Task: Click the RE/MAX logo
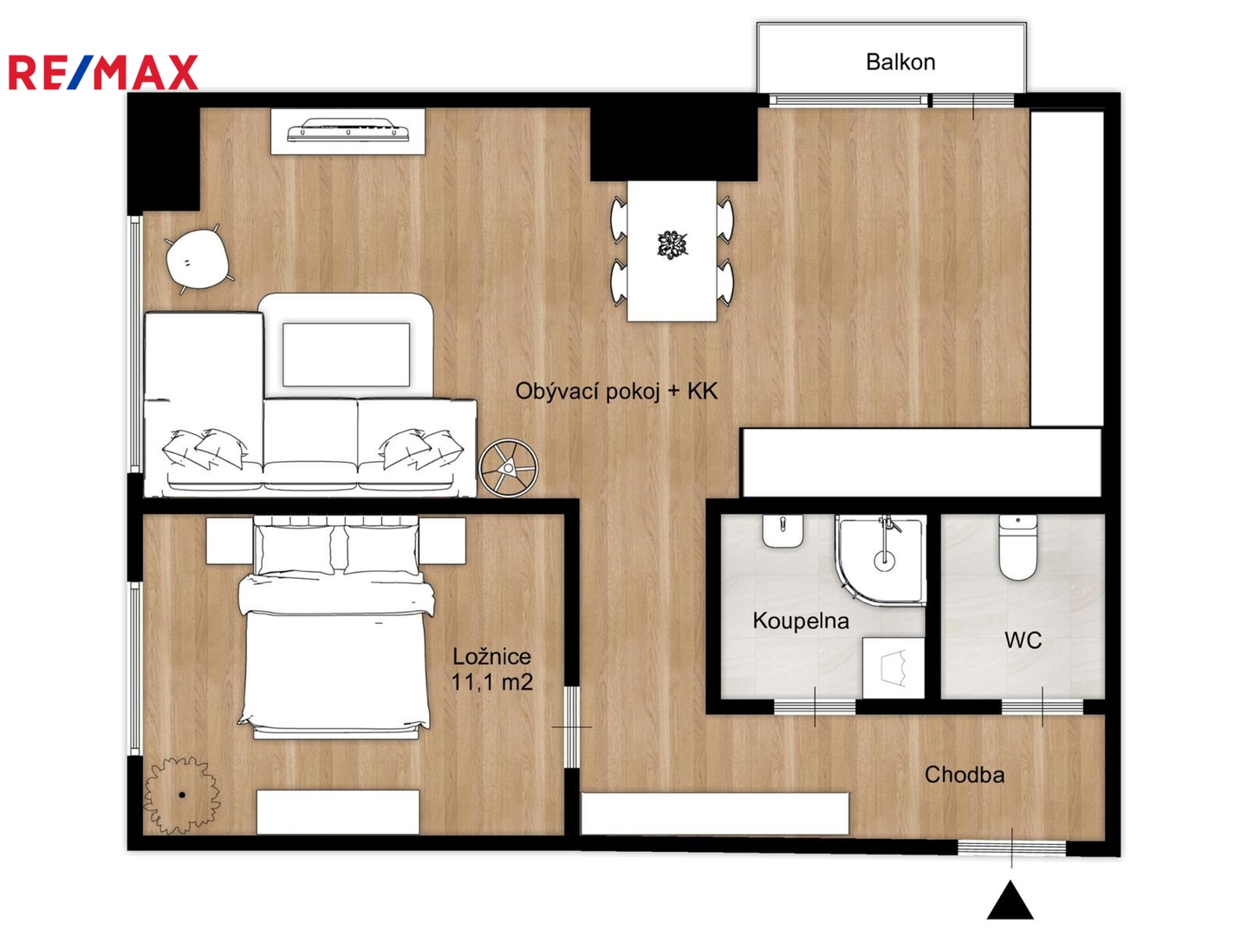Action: [x=103, y=72]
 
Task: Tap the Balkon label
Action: [x=900, y=62]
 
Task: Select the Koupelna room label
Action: [x=801, y=621]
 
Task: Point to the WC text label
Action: [x=1023, y=640]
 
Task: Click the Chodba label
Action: [x=965, y=775]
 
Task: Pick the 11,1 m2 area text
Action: [x=491, y=682]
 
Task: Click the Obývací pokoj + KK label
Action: [x=616, y=392]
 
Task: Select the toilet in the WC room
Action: [x=1017, y=548]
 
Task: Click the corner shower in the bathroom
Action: [x=880, y=560]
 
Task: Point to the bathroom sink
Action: [x=783, y=531]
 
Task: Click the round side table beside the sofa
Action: [x=508, y=468]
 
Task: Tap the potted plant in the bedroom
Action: [x=181, y=795]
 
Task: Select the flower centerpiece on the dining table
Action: [x=672, y=245]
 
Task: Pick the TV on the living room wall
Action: [x=348, y=130]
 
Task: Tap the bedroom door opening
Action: [x=572, y=727]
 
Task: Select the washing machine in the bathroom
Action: [x=894, y=667]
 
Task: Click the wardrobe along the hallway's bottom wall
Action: [x=715, y=814]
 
